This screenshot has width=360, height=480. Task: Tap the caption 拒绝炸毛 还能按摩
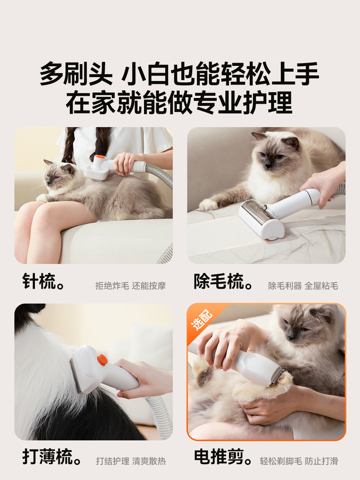coord(130,286)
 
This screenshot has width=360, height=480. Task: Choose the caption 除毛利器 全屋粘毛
coord(303,286)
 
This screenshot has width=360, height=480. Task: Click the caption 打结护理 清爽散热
coord(131,461)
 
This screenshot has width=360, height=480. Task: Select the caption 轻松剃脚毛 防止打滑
coord(299,461)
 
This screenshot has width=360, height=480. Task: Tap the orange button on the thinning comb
coord(102,359)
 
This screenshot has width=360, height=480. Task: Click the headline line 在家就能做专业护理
coord(179,103)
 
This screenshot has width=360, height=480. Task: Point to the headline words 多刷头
coord(76,74)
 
